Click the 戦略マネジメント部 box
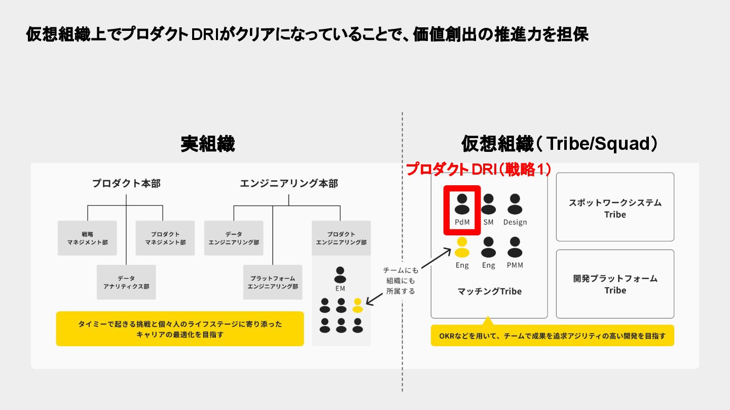point(87,238)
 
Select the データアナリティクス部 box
point(126,282)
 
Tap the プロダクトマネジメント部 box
point(165,238)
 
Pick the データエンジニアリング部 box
point(234,238)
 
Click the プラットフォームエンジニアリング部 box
point(273,282)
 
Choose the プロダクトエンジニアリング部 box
point(341,238)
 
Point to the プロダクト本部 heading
point(126,183)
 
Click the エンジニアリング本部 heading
point(289,183)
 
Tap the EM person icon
point(340,275)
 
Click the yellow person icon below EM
point(357,305)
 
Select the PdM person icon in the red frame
point(462,204)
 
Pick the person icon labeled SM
point(488,204)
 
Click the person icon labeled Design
point(515,204)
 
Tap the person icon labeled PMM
point(515,248)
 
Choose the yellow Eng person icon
point(462,248)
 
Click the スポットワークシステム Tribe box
point(615,207)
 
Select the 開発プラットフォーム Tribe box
point(615,283)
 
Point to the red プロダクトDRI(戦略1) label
point(479,170)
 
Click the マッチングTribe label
point(489,291)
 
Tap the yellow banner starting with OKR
point(552,336)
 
